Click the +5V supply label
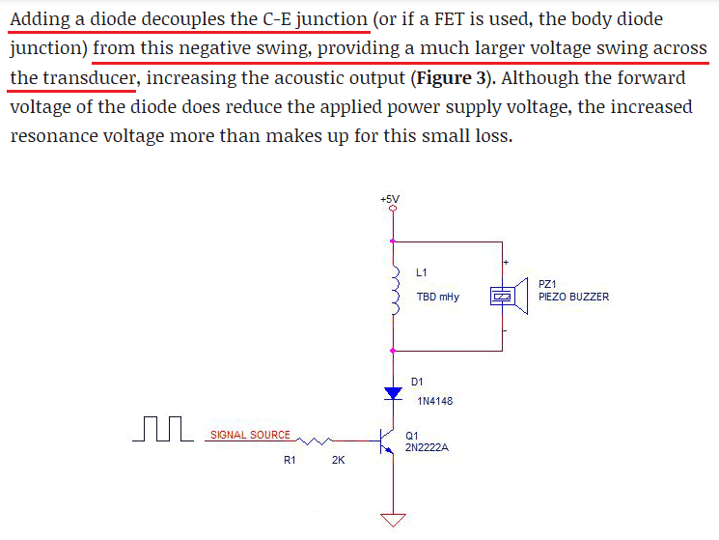pos(391,199)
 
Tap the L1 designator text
pos(422,272)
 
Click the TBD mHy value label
pos(437,298)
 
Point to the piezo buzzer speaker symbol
pos(508,298)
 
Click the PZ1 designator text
pos(547,284)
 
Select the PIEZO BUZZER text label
pos(573,297)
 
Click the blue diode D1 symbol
pos(392,393)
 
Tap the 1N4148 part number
pos(434,400)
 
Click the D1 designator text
pos(417,383)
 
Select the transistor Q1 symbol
pos(388,442)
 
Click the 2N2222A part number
pos(428,448)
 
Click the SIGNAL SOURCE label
pos(250,435)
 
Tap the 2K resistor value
pos(338,461)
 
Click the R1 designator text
pos(290,461)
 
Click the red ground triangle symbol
pos(392,520)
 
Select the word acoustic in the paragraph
pos(290,78)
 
